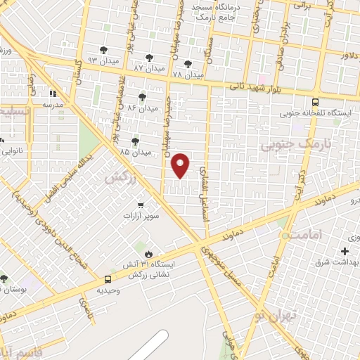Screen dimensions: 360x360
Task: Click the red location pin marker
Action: coord(181,165)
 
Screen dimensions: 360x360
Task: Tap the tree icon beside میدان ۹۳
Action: coord(104,49)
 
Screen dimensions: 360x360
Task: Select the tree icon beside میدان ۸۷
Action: coord(148,58)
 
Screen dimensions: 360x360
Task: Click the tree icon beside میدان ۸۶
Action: coord(143,97)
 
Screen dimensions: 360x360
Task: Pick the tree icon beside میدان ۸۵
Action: coord(135,141)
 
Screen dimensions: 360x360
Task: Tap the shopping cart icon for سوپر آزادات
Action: coord(141,205)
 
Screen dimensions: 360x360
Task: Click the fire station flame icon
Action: coord(148,254)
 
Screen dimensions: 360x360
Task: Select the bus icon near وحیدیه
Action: coord(108,279)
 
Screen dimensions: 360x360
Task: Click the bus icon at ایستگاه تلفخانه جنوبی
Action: coord(314,101)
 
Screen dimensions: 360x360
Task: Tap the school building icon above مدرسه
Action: coord(51,93)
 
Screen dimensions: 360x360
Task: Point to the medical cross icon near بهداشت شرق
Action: coord(345,251)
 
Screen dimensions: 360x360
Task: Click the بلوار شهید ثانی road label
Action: coord(255,87)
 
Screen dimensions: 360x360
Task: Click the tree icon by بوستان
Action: coord(4,278)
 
